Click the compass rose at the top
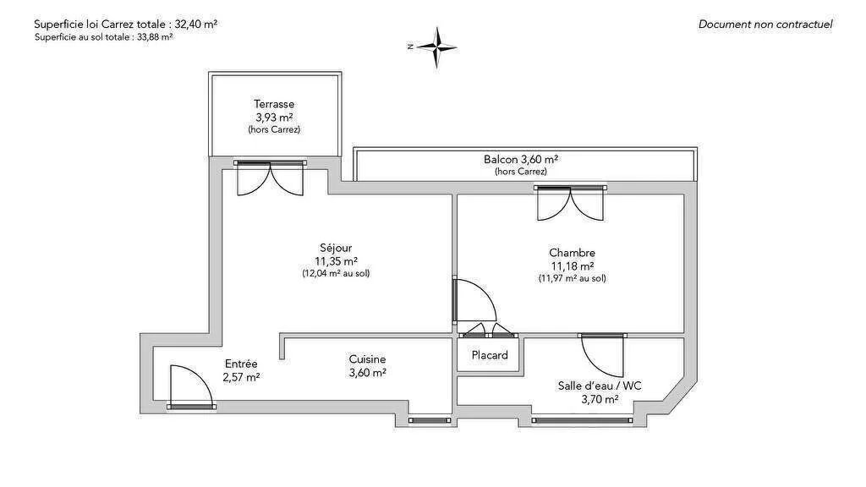[436, 47]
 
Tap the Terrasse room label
[274, 104]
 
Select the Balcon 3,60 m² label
[521, 160]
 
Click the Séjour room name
[336, 248]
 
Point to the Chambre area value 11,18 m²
[573, 265]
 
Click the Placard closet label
[490, 355]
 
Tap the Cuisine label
[367, 359]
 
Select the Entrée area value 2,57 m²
[241, 377]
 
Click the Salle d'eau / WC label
[600, 386]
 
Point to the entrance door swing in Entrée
[190, 386]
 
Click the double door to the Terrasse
[270, 178]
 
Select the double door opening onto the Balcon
[571, 203]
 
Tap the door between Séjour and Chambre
[474, 301]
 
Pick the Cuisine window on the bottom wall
[430, 420]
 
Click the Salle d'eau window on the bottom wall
[582, 420]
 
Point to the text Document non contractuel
[765, 25]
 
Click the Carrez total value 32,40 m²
[196, 25]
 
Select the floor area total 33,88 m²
[155, 37]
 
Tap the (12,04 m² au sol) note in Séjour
[336, 273]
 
